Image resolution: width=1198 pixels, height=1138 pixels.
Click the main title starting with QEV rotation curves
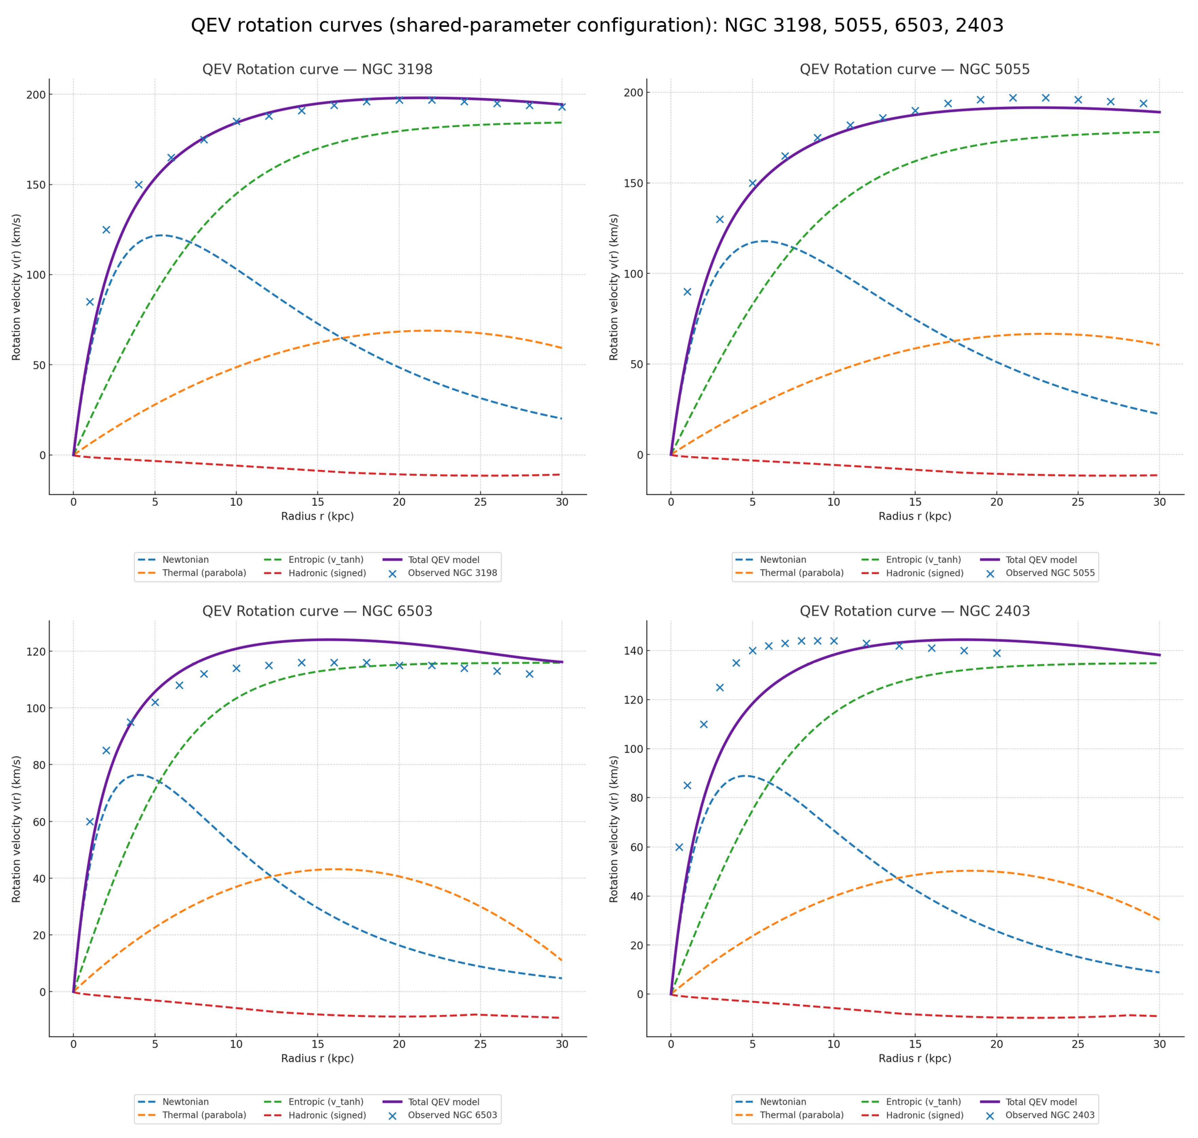pyautogui.click(x=598, y=26)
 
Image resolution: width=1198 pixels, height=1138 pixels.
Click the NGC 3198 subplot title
pyautogui.click(x=317, y=69)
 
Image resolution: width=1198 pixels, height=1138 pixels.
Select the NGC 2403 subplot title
pyautogui.click(x=915, y=611)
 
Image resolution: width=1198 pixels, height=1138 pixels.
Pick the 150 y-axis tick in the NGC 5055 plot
pyautogui.click(x=633, y=183)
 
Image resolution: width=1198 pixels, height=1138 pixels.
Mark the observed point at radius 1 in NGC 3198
pyautogui.click(x=90, y=301)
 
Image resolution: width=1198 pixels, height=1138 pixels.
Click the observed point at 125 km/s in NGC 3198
pyautogui.click(x=106, y=229)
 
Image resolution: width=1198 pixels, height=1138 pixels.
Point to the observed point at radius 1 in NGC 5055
pyautogui.click(x=687, y=292)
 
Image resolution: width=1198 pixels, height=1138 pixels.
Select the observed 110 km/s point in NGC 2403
pyautogui.click(x=704, y=724)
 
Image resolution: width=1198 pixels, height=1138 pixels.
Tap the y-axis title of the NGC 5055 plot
pyautogui.click(x=614, y=287)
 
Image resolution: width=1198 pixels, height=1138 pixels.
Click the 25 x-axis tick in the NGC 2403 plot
pyautogui.click(x=1078, y=1044)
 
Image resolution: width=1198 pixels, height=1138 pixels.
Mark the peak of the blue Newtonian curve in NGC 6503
pyautogui.click(x=138, y=775)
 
